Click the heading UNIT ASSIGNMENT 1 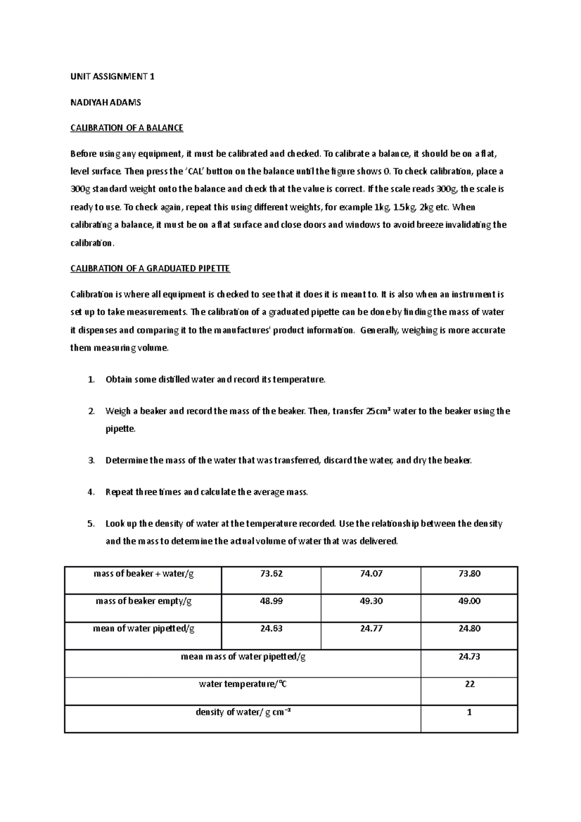click(x=112, y=76)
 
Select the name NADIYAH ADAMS click(x=106, y=102)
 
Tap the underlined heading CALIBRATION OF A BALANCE click(x=126, y=128)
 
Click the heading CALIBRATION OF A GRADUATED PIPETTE click(x=150, y=268)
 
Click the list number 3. click(x=91, y=460)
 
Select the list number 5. click(x=91, y=523)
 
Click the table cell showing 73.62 click(x=271, y=574)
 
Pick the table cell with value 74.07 click(x=371, y=574)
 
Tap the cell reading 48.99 click(x=271, y=601)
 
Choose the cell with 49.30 click(x=371, y=601)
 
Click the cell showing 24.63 click(x=271, y=628)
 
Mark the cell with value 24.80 click(x=469, y=628)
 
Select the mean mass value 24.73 click(x=469, y=656)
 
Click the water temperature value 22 click(x=469, y=684)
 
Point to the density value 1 click(x=469, y=712)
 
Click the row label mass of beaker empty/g click(x=144, y=601)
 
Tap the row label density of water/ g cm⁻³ click(x=243, y=712)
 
